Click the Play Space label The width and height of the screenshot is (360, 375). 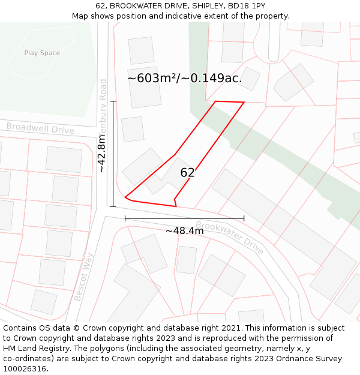click(x=42, y=53)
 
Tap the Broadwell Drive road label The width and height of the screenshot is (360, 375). click(x=40, y=128)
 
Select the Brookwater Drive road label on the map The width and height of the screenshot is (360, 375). click(x=230, y=238)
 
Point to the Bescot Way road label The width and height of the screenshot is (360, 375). click(x=84, y=277)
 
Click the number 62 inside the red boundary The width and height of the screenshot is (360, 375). click(x=187, y=173)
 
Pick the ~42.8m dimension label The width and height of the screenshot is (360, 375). click(x=102, y=154)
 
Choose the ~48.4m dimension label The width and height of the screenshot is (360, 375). click(x=185, y=230)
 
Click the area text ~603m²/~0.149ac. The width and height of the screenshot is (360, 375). click(x=185, y=78)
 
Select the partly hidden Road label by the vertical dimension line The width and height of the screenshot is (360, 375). click(x=103, y=89)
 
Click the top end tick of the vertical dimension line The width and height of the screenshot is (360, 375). click(x=113, y=101)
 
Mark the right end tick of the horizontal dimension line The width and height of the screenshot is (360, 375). click(x=244, y=218)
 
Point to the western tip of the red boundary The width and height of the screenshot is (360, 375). click(x=125, y=197)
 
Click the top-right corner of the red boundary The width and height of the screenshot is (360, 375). click(x=244, y=103)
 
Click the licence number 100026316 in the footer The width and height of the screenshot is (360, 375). click(x=23, y=368)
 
